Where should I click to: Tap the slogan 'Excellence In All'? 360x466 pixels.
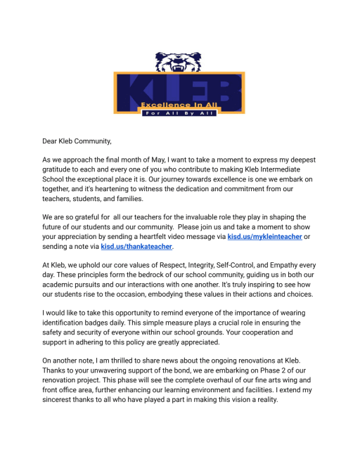click(179, 105)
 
